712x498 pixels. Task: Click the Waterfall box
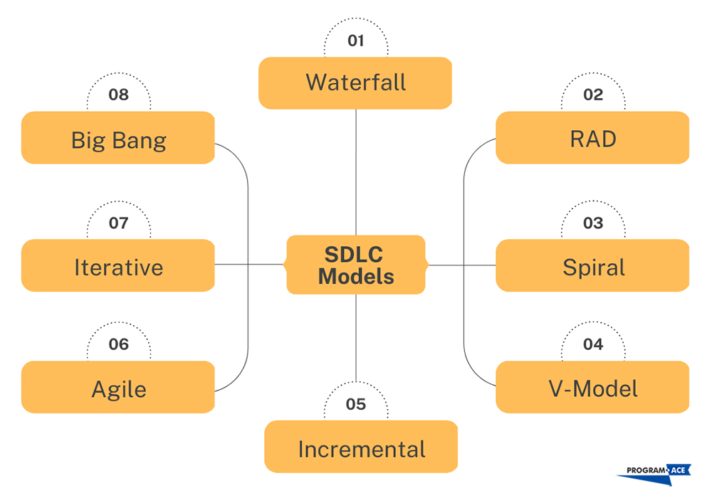point(355,83)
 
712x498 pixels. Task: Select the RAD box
point(592,138)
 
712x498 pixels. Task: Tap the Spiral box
point(592,266)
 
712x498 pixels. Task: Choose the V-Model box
point(592,388)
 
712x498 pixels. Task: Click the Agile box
point(118,388)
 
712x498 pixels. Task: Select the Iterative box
point(118,266)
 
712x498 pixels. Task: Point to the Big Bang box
point(118,138)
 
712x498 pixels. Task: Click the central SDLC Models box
point(355,265)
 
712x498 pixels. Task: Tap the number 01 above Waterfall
point(355,41)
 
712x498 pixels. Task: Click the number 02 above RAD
point(592,95)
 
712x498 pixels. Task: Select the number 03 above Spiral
point(592,223)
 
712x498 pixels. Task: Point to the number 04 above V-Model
point(592,344)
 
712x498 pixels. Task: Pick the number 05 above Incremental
point(355,404)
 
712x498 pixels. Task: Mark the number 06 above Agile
point(118,344)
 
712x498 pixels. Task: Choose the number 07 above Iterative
point(118,223)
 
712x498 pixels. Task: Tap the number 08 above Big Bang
point(118,95)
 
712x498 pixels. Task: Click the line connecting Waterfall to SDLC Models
point(355,171)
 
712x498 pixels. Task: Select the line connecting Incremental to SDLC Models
point(355,341)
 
